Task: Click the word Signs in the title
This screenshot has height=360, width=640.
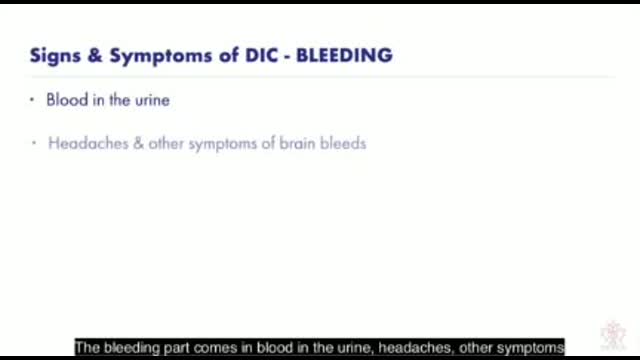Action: tap(52, 55)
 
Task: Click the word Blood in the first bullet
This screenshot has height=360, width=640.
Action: tap(66, 100)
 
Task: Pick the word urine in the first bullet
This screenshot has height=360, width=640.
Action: tap(150, 100)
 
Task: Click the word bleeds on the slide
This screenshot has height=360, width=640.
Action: tap(345, 143)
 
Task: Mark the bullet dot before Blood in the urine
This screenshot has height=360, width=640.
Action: tap(34, 100)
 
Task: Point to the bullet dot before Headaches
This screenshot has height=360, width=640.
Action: tap(34, 143)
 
